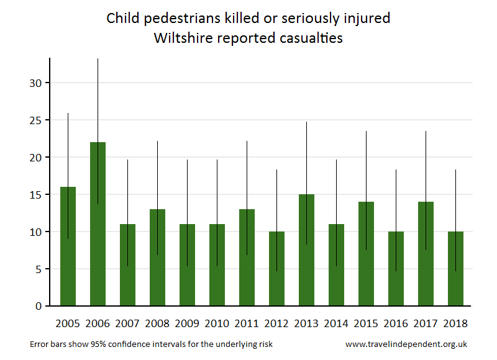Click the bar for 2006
point(98,223)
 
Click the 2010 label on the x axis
point(217,323)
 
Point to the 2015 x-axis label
point(366,323)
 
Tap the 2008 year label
point(157,323)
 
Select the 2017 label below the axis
point(426,323)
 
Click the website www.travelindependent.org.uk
point(406,344)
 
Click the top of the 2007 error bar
point(127,160)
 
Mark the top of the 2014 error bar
point(336,160)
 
